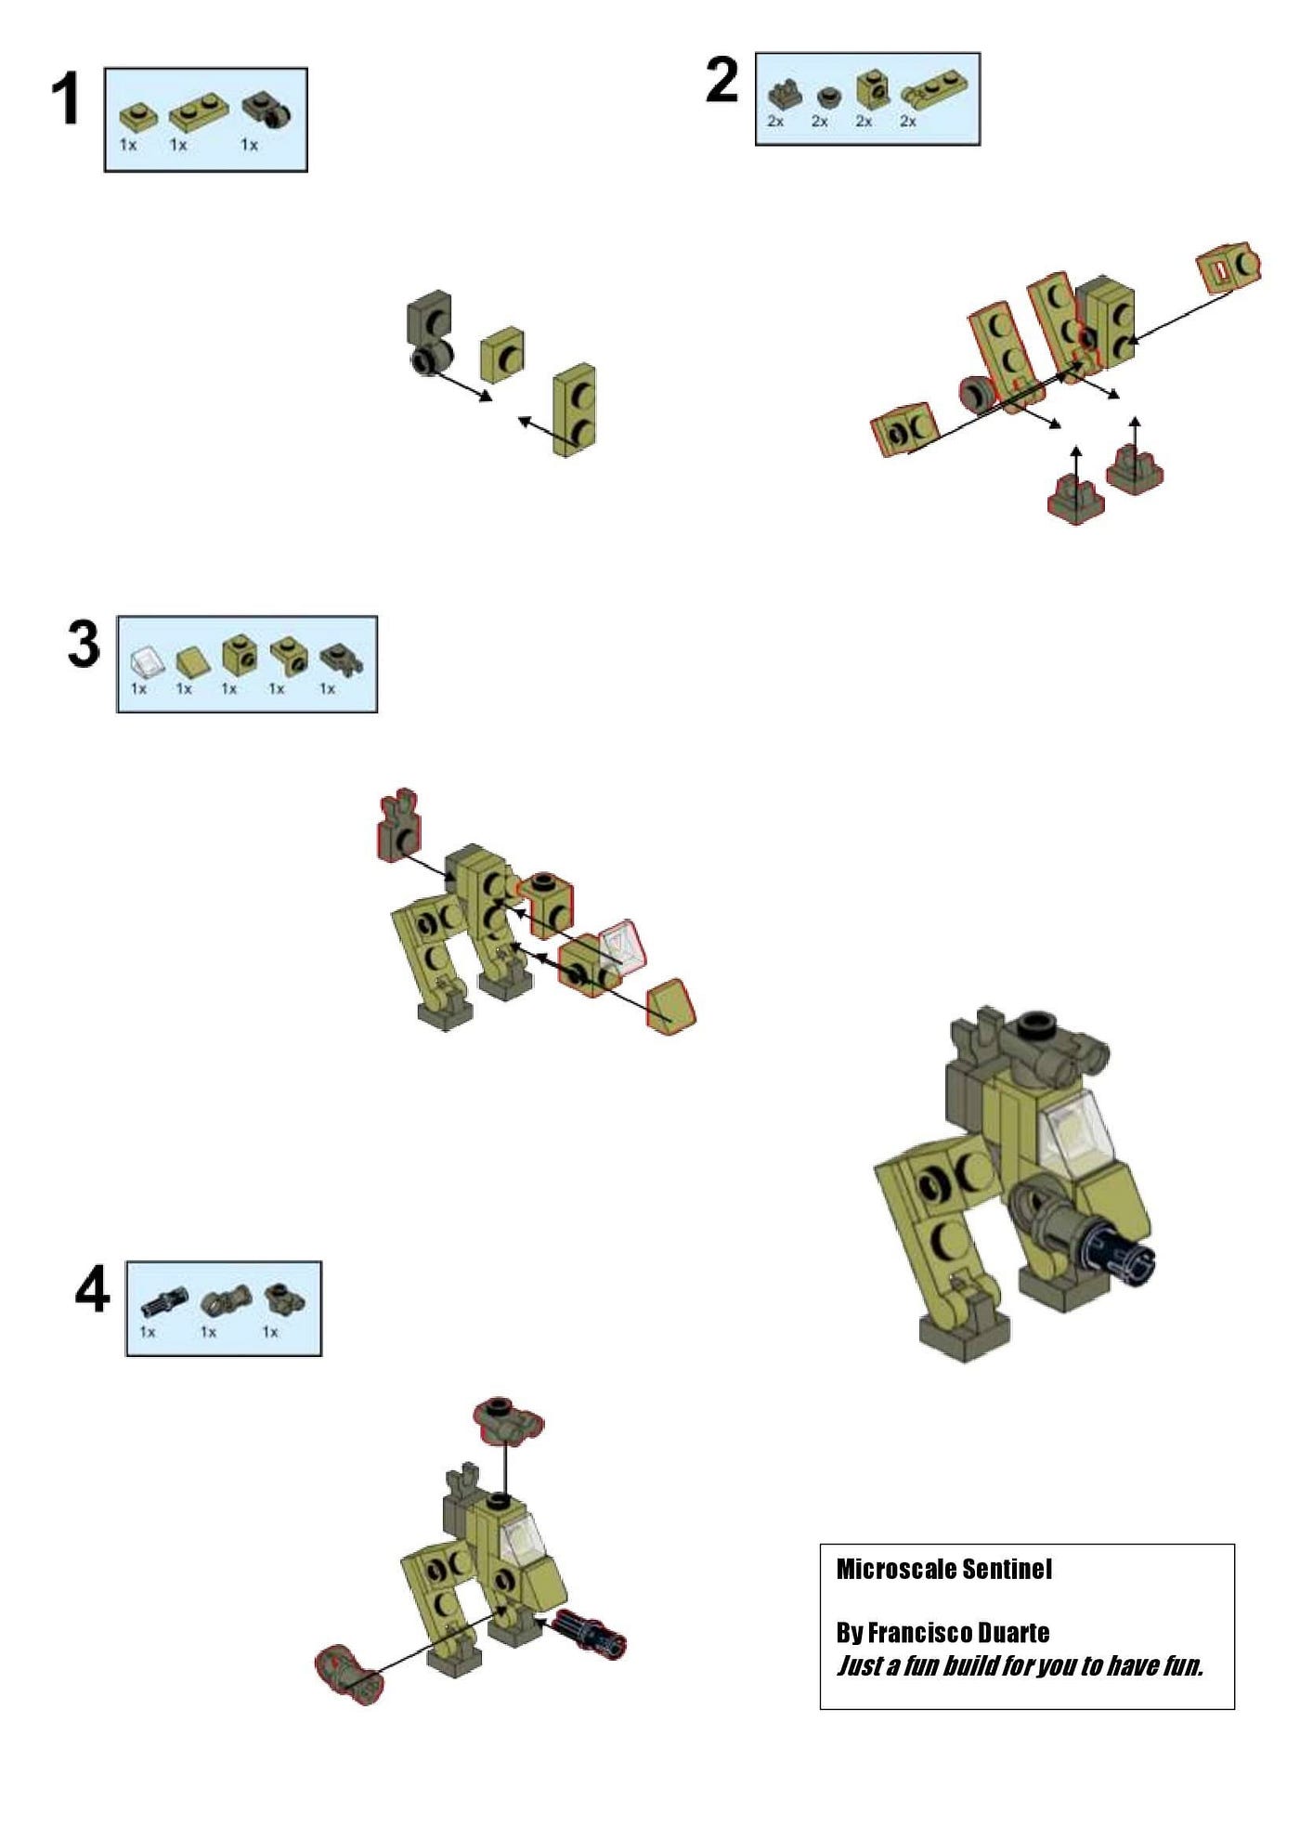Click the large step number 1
point(65,98)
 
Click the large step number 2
point(722,80)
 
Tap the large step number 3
point(84,644)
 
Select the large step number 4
point(92,1289)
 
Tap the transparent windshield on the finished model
point(1079,1128)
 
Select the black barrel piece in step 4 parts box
point(164,1302)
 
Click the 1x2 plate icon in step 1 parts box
point(198,113)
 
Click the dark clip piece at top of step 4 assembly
point(506,1420)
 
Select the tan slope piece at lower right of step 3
point(670,1006)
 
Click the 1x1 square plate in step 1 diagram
point(503,353)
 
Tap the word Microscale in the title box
point(895,1569)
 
